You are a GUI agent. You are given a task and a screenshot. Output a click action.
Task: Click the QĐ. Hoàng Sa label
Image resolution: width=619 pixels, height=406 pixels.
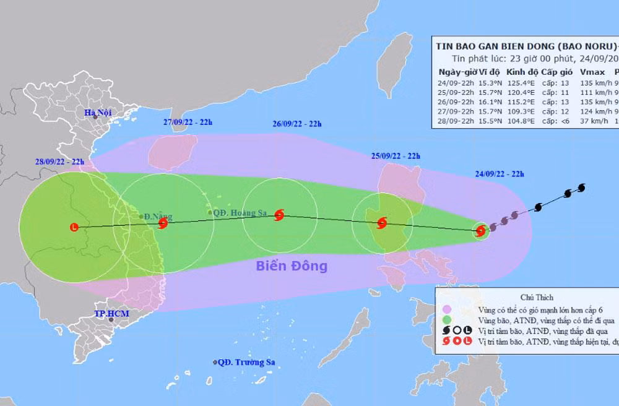[x=238, y=212]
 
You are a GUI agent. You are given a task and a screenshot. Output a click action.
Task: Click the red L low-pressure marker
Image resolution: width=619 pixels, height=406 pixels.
[x=75, y=227]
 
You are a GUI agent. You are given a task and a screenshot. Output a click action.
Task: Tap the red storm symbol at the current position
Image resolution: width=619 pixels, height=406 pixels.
[x=481, y=231]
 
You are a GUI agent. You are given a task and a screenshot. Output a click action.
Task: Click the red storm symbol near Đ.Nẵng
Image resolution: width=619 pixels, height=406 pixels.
[x=163, y=222]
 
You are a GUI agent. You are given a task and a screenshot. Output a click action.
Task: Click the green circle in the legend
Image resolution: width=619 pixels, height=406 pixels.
[x=448, y=319]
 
